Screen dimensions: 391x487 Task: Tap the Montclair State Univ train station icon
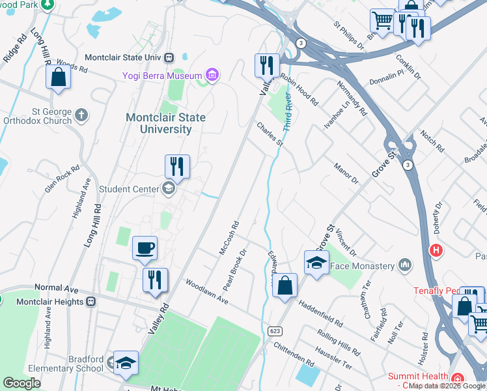(x=169, y=57)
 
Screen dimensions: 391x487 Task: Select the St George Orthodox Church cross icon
(x=81, y=115)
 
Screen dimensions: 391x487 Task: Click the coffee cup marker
(x=145, y=248)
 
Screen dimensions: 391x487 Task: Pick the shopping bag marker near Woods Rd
(x=58, y=77)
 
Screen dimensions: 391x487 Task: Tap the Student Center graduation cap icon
(x=168, y=190)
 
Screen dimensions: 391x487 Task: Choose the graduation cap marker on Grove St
(x=316, y=263)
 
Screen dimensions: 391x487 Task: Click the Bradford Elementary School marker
(x=126, y=364)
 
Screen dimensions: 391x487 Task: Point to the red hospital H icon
(x=436, y=250)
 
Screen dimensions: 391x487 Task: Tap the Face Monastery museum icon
(x=405, y=265)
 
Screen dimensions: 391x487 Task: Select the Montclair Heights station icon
(x=91, y=302)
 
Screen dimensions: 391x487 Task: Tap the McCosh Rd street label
(x=229, y=238)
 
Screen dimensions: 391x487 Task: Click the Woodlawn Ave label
(x=206, y=292)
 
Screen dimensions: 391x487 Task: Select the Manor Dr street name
(x=346, y=173)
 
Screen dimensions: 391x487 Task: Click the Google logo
(x=21, y=383)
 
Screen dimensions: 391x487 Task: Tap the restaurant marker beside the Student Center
(x=177, y=167)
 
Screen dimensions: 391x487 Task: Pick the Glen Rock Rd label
(x=62, y=177)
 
